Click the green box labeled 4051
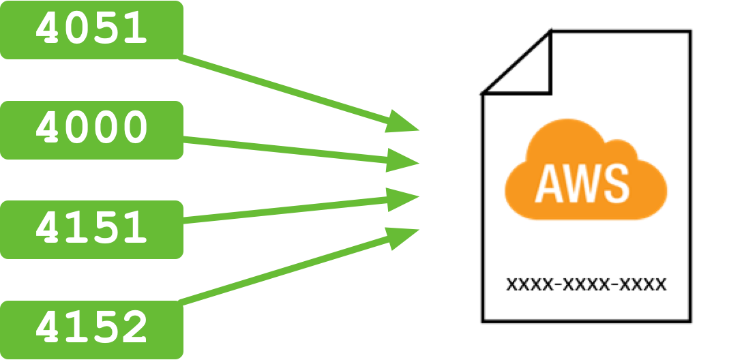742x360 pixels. point(91,30)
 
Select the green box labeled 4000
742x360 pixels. point(91,130)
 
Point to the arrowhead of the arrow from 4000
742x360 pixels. point(404,161)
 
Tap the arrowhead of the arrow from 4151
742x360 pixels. point(404,198)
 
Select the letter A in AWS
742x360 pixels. point(552,184)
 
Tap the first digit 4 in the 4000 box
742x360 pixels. point(49,130)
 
